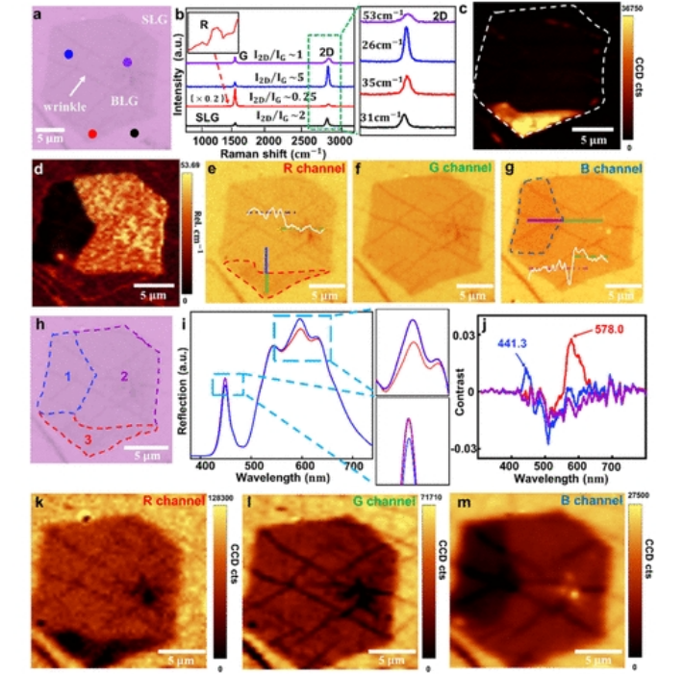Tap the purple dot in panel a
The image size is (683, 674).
click(126, 62)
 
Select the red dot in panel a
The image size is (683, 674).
click(92, 135)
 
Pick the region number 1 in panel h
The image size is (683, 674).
click(70, 367)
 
